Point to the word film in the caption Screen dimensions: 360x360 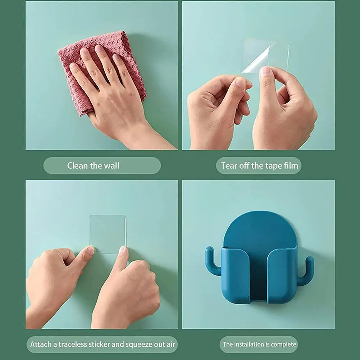(291, 165)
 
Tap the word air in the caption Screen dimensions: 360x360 (171, 345)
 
